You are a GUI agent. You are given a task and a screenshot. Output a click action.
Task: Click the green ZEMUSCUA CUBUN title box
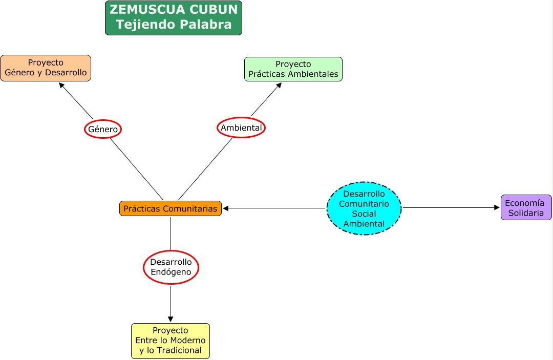click(173, 17)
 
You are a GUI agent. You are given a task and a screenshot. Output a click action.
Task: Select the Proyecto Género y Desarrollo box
click(46, 68)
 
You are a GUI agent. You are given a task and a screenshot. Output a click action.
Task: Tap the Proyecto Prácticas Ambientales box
click(293, 69)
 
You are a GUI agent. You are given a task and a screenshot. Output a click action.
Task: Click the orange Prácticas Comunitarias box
click(171, 208)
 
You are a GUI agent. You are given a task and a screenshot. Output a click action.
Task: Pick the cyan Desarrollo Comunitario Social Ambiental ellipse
click(364, 208)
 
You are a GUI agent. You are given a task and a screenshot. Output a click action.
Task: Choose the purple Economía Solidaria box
click(526, 207)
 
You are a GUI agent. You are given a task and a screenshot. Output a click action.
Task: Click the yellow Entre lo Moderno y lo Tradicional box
click(171, 341)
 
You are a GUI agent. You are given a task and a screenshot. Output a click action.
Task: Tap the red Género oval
click(103, 130)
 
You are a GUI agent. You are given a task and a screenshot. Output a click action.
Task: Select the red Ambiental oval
click(241, 128)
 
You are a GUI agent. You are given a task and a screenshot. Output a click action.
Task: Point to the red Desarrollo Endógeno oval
click(171, 267)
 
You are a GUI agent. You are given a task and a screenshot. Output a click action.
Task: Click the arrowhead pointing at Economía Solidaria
click(497, 207)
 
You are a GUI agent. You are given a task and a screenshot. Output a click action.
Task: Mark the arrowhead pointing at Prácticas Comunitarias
click(226, 208)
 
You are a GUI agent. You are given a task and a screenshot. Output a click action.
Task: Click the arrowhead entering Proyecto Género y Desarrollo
click(62, 86)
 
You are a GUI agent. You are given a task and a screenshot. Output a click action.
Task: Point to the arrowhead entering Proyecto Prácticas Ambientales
click(279, 86)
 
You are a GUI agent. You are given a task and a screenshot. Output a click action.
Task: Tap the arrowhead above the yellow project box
click(171, 319)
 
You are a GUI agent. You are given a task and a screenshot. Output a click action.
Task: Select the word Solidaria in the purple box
click(526, 213)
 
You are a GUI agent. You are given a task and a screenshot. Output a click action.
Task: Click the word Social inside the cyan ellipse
click(364, 214)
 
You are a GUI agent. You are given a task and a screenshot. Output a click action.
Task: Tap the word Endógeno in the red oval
click(171, 272)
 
